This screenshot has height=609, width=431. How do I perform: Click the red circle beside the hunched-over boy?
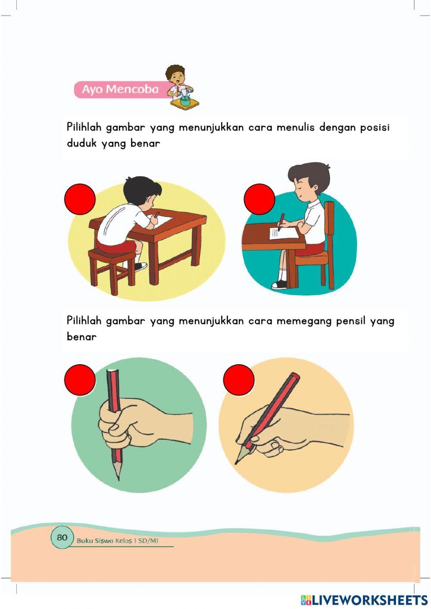pyautogui.click(x=80, y=199)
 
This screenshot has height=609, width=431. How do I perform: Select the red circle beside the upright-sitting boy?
pyautogui.click(x=259, y=199)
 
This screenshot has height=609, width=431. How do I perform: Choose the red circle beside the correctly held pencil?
pyautogui.click(x=239, y=380)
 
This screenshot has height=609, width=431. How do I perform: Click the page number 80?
pyautogui.click(x=62, y=537)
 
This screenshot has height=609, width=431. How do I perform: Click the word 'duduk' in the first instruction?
pyautogui.click(x=81, y=144)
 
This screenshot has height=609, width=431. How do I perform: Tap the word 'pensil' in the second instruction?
pyautogui.click(x=350, y=321)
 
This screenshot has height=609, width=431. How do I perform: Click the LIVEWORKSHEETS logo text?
pyautogui.click(x=369, y=600)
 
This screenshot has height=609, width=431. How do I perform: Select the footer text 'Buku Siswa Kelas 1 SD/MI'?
pyautogui.click(x=117, y=540)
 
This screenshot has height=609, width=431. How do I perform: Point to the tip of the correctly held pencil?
pyautogui.click(x=237, y=462)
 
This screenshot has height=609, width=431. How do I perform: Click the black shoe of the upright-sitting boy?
pyautogui.click(x=279, y=284)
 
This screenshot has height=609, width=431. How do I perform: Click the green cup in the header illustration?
pyautogui.click(x=185, y=102)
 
